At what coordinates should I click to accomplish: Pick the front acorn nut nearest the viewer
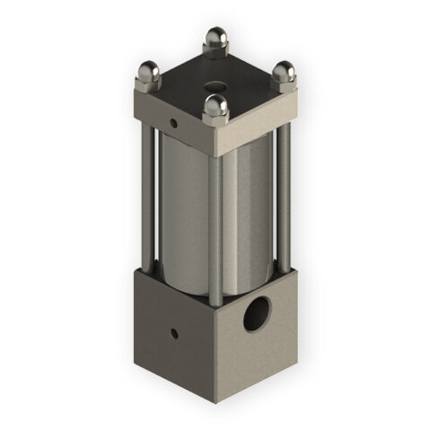214,106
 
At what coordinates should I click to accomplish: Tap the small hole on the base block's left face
174,334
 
